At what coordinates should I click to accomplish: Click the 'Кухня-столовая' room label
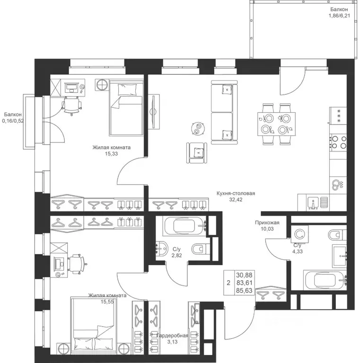[236, 193]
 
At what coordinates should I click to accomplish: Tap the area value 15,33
[111, 153]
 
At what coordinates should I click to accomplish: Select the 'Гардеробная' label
[172, 335]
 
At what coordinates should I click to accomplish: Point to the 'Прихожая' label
[267, 222]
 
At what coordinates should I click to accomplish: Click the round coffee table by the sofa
[198, 128]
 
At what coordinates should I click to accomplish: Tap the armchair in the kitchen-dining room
[197, 153]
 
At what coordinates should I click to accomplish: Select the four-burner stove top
[338, 142]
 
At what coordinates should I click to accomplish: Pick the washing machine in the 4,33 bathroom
[300, 234]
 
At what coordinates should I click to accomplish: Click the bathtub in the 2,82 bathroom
[184, 226]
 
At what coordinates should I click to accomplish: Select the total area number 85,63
[244, 291]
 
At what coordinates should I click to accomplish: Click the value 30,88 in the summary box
[244, 275]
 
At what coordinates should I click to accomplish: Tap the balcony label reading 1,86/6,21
[339, 16]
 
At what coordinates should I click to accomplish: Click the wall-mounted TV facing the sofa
[154, 112]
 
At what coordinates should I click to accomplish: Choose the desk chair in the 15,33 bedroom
[71, 106]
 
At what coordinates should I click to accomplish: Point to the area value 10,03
[267, 229]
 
